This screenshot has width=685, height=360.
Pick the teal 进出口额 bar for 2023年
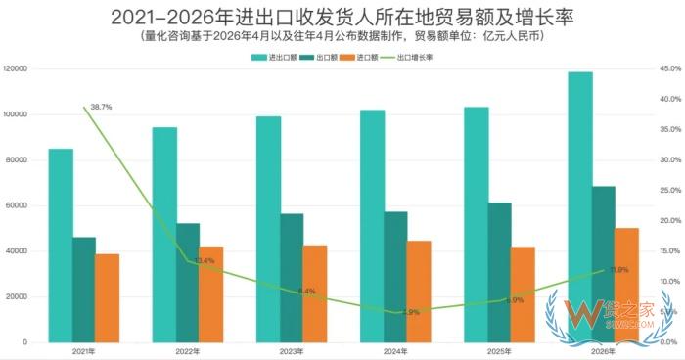pos(268,230)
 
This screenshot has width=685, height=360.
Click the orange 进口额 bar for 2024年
pos(419,292)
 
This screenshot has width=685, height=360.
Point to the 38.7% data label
pos(100,106)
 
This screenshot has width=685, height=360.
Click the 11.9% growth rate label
pos(618,269)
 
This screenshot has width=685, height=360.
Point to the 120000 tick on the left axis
pos(15,69)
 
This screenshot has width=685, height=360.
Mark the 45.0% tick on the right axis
pos(670,69)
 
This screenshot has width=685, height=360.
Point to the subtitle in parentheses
pos(342,36)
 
